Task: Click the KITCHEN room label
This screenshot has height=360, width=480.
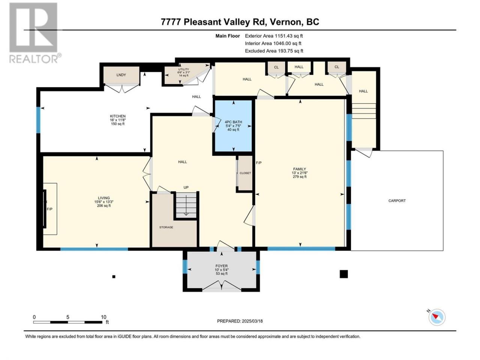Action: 118,116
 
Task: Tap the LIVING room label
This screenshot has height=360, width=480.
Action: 104,198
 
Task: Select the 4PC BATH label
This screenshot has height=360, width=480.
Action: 234,122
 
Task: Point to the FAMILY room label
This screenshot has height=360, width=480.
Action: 300,169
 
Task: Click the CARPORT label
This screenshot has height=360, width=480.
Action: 397,201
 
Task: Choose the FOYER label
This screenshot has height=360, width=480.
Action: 222,266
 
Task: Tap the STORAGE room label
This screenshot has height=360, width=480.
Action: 166,227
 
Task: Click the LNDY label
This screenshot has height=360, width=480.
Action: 121,75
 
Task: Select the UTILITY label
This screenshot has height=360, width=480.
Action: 183,69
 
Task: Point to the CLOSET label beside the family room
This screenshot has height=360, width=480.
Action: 245,173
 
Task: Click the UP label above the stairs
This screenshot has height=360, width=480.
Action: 186,187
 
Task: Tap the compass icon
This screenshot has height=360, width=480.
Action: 437,317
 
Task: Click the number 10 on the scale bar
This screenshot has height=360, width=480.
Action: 103,317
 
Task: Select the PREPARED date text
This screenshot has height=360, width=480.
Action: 240,321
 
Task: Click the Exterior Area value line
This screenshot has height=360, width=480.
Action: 274,36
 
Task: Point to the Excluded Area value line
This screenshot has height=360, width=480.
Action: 274,51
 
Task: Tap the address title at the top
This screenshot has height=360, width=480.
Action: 240,22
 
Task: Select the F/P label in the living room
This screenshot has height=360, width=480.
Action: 49,209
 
